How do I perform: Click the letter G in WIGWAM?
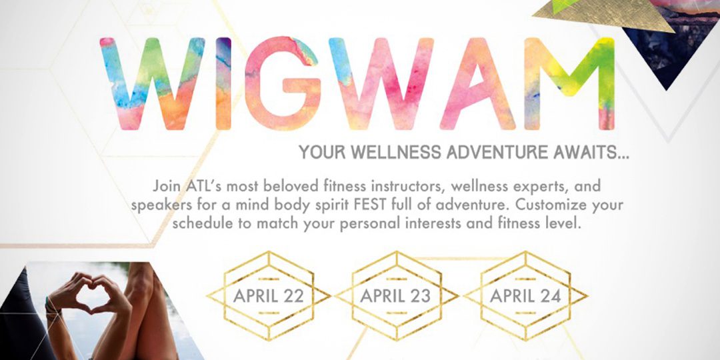(281, 83)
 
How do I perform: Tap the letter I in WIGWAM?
(223, 83)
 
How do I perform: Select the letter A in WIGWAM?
(477, 83)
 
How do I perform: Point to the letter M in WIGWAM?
(569, 83)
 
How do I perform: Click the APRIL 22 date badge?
(269, 296)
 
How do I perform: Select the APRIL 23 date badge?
(396, 296)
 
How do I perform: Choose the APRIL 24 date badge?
(526, 296)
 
